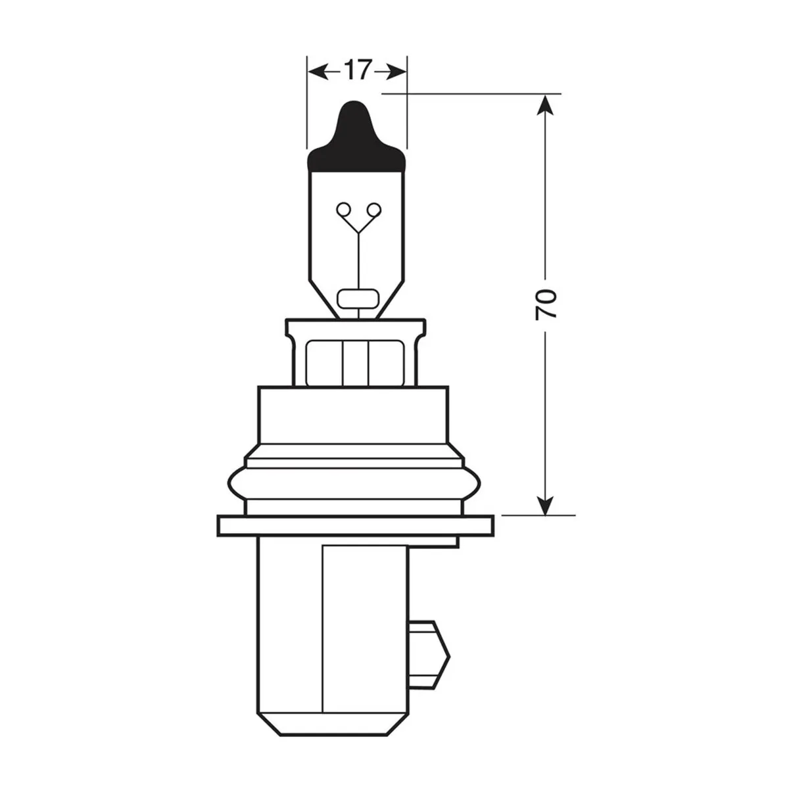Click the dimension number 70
(546, 304)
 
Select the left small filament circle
(343, 210)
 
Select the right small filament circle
(373, 210)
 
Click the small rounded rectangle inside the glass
(358, 299)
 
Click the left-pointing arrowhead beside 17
(320, 71)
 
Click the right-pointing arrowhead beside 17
(394, 71)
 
